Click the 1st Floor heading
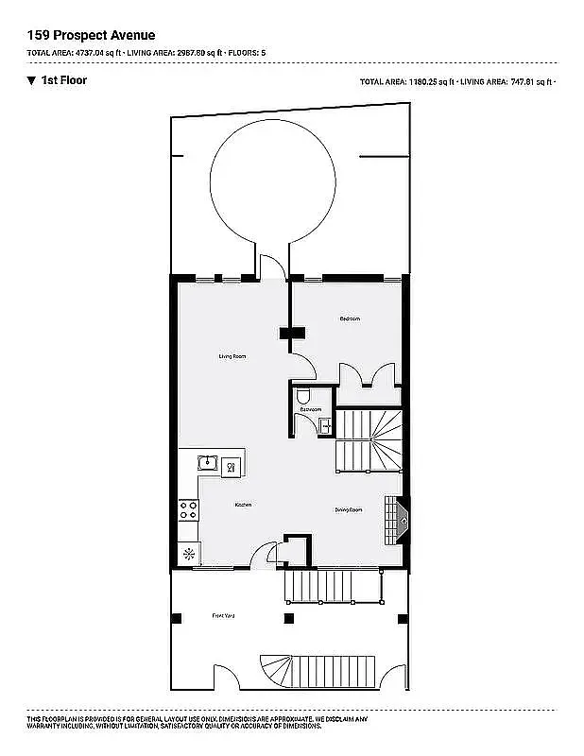click(x=63, y=80)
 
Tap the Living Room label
click(x=232, y=356)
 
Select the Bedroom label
click(x=350, y=318)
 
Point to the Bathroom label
click(x=311, y=409)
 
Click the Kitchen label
click(x=243, y=506)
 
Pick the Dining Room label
click(x=348, y=510)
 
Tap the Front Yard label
click(x=223, y=616)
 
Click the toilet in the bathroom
click(x=303, y=396)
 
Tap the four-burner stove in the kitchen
click(x=187, y=511)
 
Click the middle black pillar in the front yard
click(x=289, y=618)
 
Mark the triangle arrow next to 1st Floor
click(x=32, y=80)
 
